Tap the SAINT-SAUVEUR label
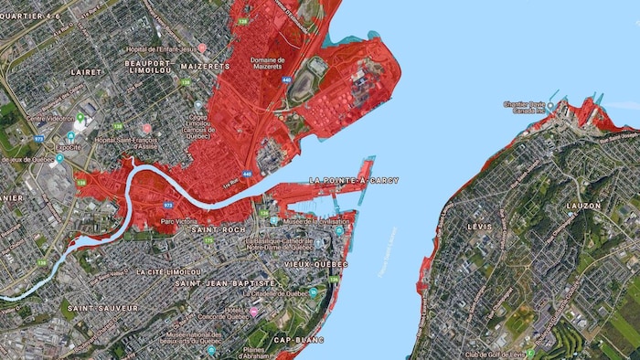[x=102, y=308]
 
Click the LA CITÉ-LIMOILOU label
[x=168, y=271]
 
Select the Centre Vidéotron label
[x=49, y=118]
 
